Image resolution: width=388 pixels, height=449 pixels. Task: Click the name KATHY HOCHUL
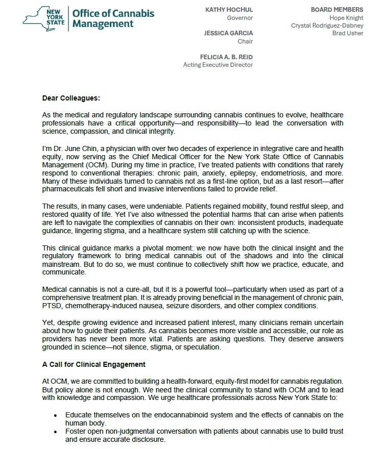[x=229, y=10]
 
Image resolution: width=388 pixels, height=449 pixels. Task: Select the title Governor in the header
[x=240, y=18]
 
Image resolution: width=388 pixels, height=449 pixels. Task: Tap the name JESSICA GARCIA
[x=228, y=33]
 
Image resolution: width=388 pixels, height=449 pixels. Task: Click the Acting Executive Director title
[x=218, y=65]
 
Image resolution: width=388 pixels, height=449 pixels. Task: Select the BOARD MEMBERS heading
[x=337, y=10]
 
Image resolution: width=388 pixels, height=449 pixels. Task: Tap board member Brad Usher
[x=349, y=33]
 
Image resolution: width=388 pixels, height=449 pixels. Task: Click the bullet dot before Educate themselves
[x=56, y=415]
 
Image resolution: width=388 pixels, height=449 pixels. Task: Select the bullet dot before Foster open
[x=56, y=432]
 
